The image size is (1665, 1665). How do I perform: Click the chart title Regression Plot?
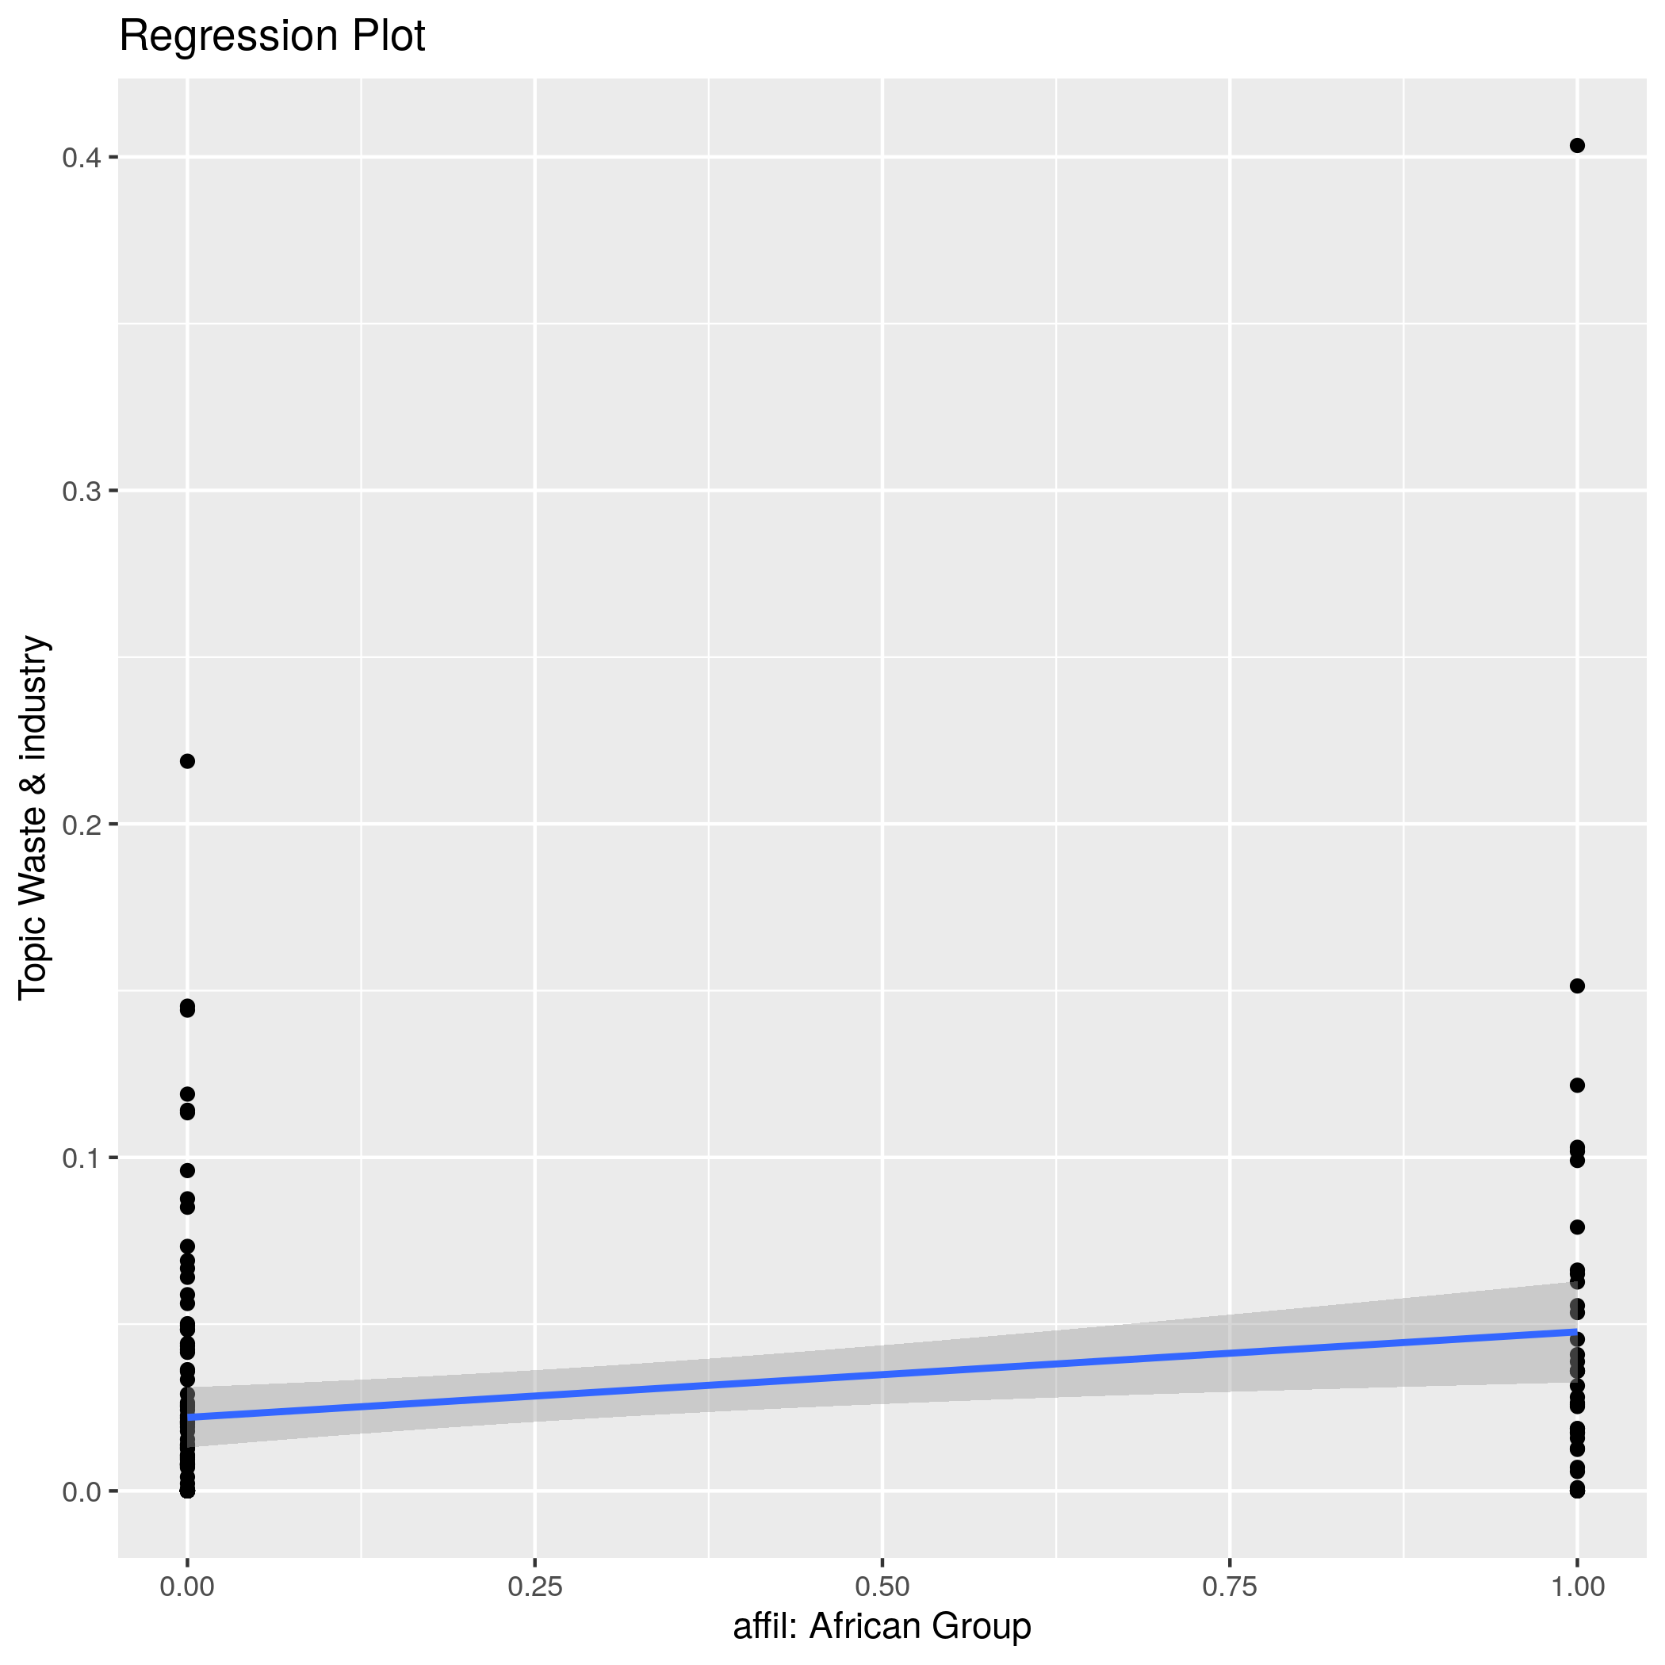pyautogui.click(x=271, y=36)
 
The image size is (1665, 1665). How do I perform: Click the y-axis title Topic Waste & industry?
pyautogui.click(x=33, y=817)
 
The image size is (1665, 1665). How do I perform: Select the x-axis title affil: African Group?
pyautogui.click(x=882, y=1626)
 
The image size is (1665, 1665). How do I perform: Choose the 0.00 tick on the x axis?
pyautogui.click(x=187, y=1587)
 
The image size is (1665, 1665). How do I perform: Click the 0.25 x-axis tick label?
pyautogui.click(x=534, y=1587)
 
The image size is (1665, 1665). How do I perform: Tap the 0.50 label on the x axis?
pyautogui.click(x=882, y=1587)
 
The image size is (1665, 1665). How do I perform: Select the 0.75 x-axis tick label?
pyautogui.click(x=1229, y=1587)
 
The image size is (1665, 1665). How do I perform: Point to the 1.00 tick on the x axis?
pyautogui.click(x=1577, y=1587)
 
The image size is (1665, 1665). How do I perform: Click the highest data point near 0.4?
pyautogui.click(x=1577, y=146)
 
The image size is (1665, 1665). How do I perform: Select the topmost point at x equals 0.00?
pyautogui.click(x=187, y=761)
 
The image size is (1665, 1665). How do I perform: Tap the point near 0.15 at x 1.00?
pyautogui.click(x=1577, y=986)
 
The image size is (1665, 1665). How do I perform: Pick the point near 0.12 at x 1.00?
pyautogui.click(x=1577, y=1085)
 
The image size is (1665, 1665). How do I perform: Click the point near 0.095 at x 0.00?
pyautogui.click(x=187, y=1170)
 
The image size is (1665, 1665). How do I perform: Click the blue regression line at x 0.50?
pyautogui.click(x=882, y=1373)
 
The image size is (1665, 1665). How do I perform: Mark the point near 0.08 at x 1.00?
pyautogui.click(x=1577, y=1227)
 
